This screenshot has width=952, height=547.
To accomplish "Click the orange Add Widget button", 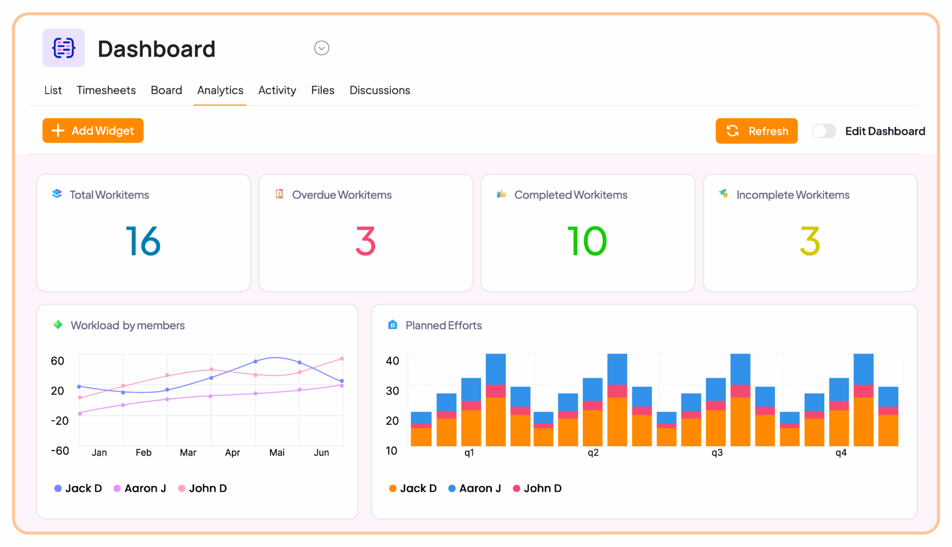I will [93, 131].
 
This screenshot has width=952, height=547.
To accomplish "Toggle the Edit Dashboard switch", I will [824, 131].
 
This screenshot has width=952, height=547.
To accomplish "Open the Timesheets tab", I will [106, 90].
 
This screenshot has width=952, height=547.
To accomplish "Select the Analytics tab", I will [220, 90].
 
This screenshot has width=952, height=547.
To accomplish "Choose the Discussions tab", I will [379, 90].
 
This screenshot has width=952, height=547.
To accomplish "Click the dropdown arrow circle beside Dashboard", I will [322, 48].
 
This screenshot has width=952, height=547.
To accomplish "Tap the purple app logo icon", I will [64, 48].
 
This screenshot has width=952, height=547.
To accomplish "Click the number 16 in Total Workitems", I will [143, 241].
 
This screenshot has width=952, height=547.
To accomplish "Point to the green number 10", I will [587, 241].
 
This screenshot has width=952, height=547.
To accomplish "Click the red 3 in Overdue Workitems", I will [365, 241].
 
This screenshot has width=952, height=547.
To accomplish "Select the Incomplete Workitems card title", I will [793, 195].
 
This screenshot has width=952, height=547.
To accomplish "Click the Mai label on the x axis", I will [277, 452].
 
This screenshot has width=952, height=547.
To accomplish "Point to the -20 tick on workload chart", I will [59, 421].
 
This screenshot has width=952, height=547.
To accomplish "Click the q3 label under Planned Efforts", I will [717, 452].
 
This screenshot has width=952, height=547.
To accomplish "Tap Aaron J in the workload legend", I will [145, 488].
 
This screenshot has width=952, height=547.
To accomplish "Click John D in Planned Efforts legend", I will [542, 488].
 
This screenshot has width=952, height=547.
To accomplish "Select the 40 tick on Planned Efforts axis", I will [392, 361].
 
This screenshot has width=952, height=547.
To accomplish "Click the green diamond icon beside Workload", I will [58, 325].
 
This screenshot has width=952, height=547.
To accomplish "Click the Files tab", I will [323, 90].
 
